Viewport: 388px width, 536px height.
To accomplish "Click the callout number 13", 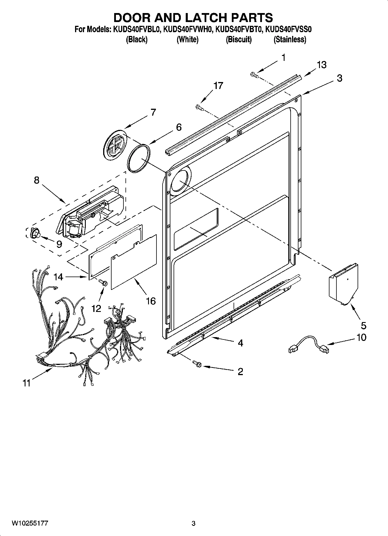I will pyautogui.click(x=322, y=65).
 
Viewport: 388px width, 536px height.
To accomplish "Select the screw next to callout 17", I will pyautogui.click(x=200, y=108).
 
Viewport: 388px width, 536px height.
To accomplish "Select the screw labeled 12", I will pyautogui.click(x=103, y=282).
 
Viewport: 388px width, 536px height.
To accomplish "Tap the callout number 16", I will pyautogui.click(x=151, y=301).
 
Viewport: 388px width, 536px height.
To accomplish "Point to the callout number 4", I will pyautogui.click(x=240, y=343).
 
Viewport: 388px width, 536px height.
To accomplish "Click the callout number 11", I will pyautogui.click(x=26, y=383).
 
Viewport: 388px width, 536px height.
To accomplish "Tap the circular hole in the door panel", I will pyautogui.click(x=181, y=181).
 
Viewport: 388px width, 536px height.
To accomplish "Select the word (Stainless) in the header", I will pyautogui.click(x=290, y=39).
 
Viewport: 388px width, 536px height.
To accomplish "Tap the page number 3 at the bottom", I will pyautogui.click(x=194, y=523).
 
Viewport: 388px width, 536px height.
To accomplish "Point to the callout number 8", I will pyautogui.click(x=37, y=180).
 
